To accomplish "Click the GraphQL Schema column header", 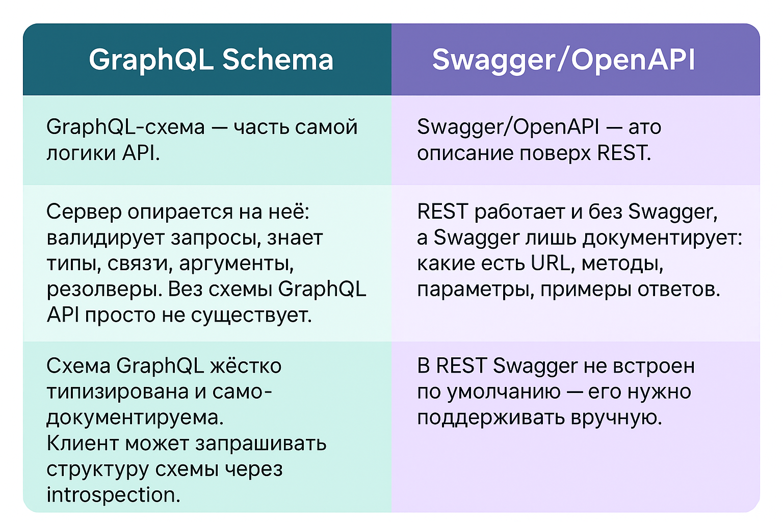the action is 211,60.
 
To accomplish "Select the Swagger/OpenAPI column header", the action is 563,60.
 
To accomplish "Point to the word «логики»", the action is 81,153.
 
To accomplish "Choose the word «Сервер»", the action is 84,212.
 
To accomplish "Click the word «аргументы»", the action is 237,264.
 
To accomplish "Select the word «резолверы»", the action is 105,290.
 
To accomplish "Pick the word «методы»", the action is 622,264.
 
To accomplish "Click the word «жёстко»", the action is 246,366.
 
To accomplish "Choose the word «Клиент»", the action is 83,443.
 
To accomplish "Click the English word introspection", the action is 114,495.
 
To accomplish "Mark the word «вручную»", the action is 617,418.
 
